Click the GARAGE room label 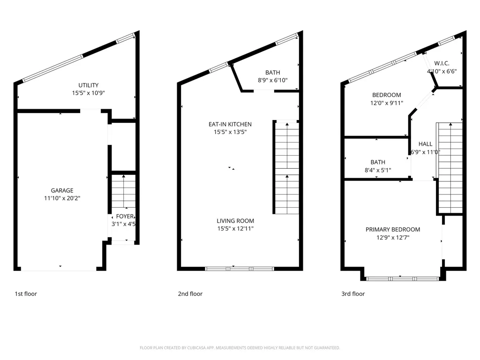pyautogui.click(x=62, y=190)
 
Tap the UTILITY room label pyautogui.click(x=89, y=85)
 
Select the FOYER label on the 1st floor pyautogui.click(x=125, y=217)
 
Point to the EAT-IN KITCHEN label pyautogui.click(x=230, y=124)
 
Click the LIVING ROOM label pyautogui.click(x=235, y=221)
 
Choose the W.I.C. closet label pyautogui.click(x=442, y=63)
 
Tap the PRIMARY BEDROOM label pyautogui.click(x=393, y=230)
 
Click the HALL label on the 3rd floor pyautogui.click(x=426, y=144)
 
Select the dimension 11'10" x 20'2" pyautogui.click(x=62, y=198)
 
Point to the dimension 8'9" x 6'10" pyautogui.click(x=273, y=81)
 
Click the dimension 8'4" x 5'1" pyautogui.click(x=378, y=170)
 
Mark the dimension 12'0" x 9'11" pyautogui.click(x=387, y=103)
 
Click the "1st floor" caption pyautogui.click(x=26, y=294)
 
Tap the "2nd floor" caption pyautogui.click(x=190, y=294)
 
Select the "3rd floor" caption pyautogui.click(x=353, y=294)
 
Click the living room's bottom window pyautogui.click(x=240, y=269)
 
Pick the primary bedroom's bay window pyautogui.click(x=403, y=279)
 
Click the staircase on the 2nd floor pyautogui.click(x=287, y=167)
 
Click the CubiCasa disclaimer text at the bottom pyautogui.click(x=240, y=348)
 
